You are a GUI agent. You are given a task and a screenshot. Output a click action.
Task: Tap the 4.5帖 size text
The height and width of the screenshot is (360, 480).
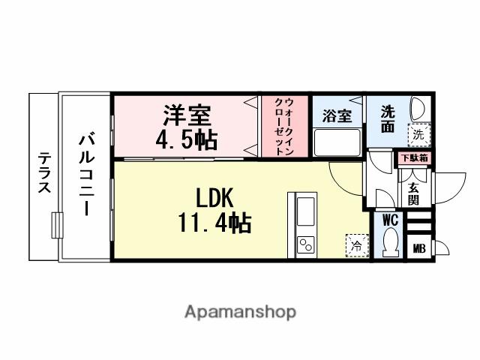click(187, 139)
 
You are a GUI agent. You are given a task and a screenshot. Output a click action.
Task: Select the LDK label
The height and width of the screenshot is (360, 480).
click(216, 199)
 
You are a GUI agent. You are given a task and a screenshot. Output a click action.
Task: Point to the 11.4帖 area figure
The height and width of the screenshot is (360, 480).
click(215, 223)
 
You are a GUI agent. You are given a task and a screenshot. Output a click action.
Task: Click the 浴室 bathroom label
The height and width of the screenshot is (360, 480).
click(337, 116)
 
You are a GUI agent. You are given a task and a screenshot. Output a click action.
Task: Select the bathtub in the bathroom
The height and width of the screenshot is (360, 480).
click(337, 142)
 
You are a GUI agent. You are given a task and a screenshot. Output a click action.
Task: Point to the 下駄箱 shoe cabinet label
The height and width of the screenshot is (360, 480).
click(413, 158)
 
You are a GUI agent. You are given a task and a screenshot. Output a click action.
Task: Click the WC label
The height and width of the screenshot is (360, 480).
click(389, 220)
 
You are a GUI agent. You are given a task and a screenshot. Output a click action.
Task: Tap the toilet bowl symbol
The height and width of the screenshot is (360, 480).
click(389, 243)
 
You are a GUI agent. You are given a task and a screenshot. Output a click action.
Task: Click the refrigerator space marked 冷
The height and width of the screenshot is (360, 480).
click(356, 244)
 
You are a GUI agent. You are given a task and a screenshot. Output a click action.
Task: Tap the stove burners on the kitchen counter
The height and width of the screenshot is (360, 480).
click(307, 244)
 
